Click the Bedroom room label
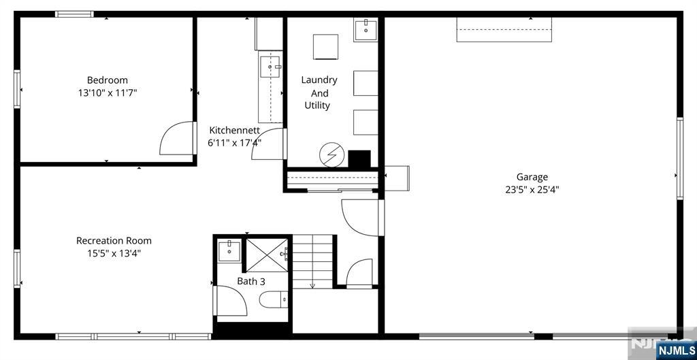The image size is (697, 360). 107,80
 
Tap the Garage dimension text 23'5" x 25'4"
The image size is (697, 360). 532,190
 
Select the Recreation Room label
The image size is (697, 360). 114,241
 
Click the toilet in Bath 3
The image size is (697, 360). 274,299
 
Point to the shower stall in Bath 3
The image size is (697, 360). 267,255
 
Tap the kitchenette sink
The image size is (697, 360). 270,67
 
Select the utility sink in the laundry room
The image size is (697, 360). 366,30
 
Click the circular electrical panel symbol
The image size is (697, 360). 331,154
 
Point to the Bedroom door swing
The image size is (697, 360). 176,138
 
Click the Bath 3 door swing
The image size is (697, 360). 231,301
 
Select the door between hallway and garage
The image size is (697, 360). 359,218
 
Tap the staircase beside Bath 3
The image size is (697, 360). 312,262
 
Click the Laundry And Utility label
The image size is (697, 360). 319,93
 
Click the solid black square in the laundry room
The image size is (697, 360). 359,159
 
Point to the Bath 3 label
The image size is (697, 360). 250,281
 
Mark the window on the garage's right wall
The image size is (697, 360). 680,158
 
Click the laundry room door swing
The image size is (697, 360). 268,144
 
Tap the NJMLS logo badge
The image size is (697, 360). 674,349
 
